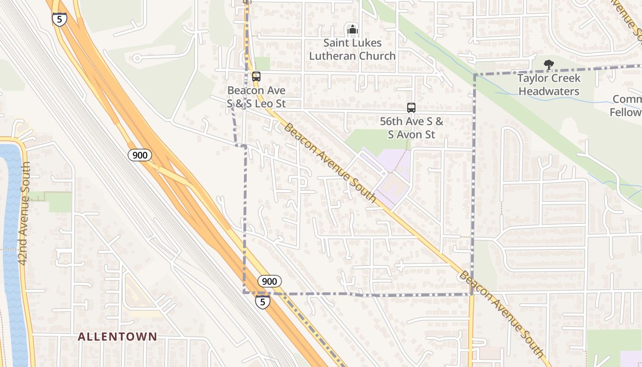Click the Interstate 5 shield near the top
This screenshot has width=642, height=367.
pos(60,19)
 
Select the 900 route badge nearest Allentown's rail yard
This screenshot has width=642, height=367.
pos(139,155)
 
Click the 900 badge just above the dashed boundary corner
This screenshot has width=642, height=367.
pos(269,281)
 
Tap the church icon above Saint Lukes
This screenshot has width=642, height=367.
pos(352,30)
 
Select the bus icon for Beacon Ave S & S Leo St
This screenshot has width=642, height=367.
pos(256,77)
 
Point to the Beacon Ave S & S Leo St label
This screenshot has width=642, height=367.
pos(256,97)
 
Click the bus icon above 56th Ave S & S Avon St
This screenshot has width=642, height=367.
pos(411,108)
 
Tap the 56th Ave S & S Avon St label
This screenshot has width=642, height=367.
pos(411,128)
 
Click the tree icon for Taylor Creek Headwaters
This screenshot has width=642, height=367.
pos(548,65)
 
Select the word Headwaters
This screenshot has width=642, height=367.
pos(549,91)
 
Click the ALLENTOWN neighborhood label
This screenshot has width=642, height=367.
pos(117,337)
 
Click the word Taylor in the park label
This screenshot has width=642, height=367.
pos(533,78)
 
